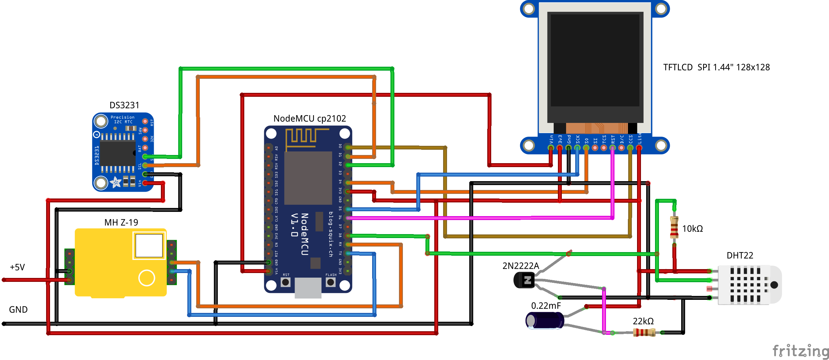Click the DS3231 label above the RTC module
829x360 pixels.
[124, 105]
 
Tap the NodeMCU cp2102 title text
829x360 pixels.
[310, 118]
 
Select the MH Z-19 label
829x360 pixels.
[121, 222]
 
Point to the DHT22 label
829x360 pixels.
[740, 255]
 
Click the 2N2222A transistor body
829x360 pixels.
[524, 280]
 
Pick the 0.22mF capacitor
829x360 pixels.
[544, 320]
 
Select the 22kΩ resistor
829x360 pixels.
[644, 333]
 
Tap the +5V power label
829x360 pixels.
[17, 267]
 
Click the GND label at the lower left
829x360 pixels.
[18, 310]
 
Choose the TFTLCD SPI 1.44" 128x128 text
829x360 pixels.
[716, 67]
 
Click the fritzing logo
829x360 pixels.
[801, 351]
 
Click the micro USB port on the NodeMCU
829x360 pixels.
[308, 288]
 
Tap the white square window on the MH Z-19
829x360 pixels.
[149, 246]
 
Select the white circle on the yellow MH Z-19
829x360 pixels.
[147, 278]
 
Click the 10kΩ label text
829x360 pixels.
[692, 229]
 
